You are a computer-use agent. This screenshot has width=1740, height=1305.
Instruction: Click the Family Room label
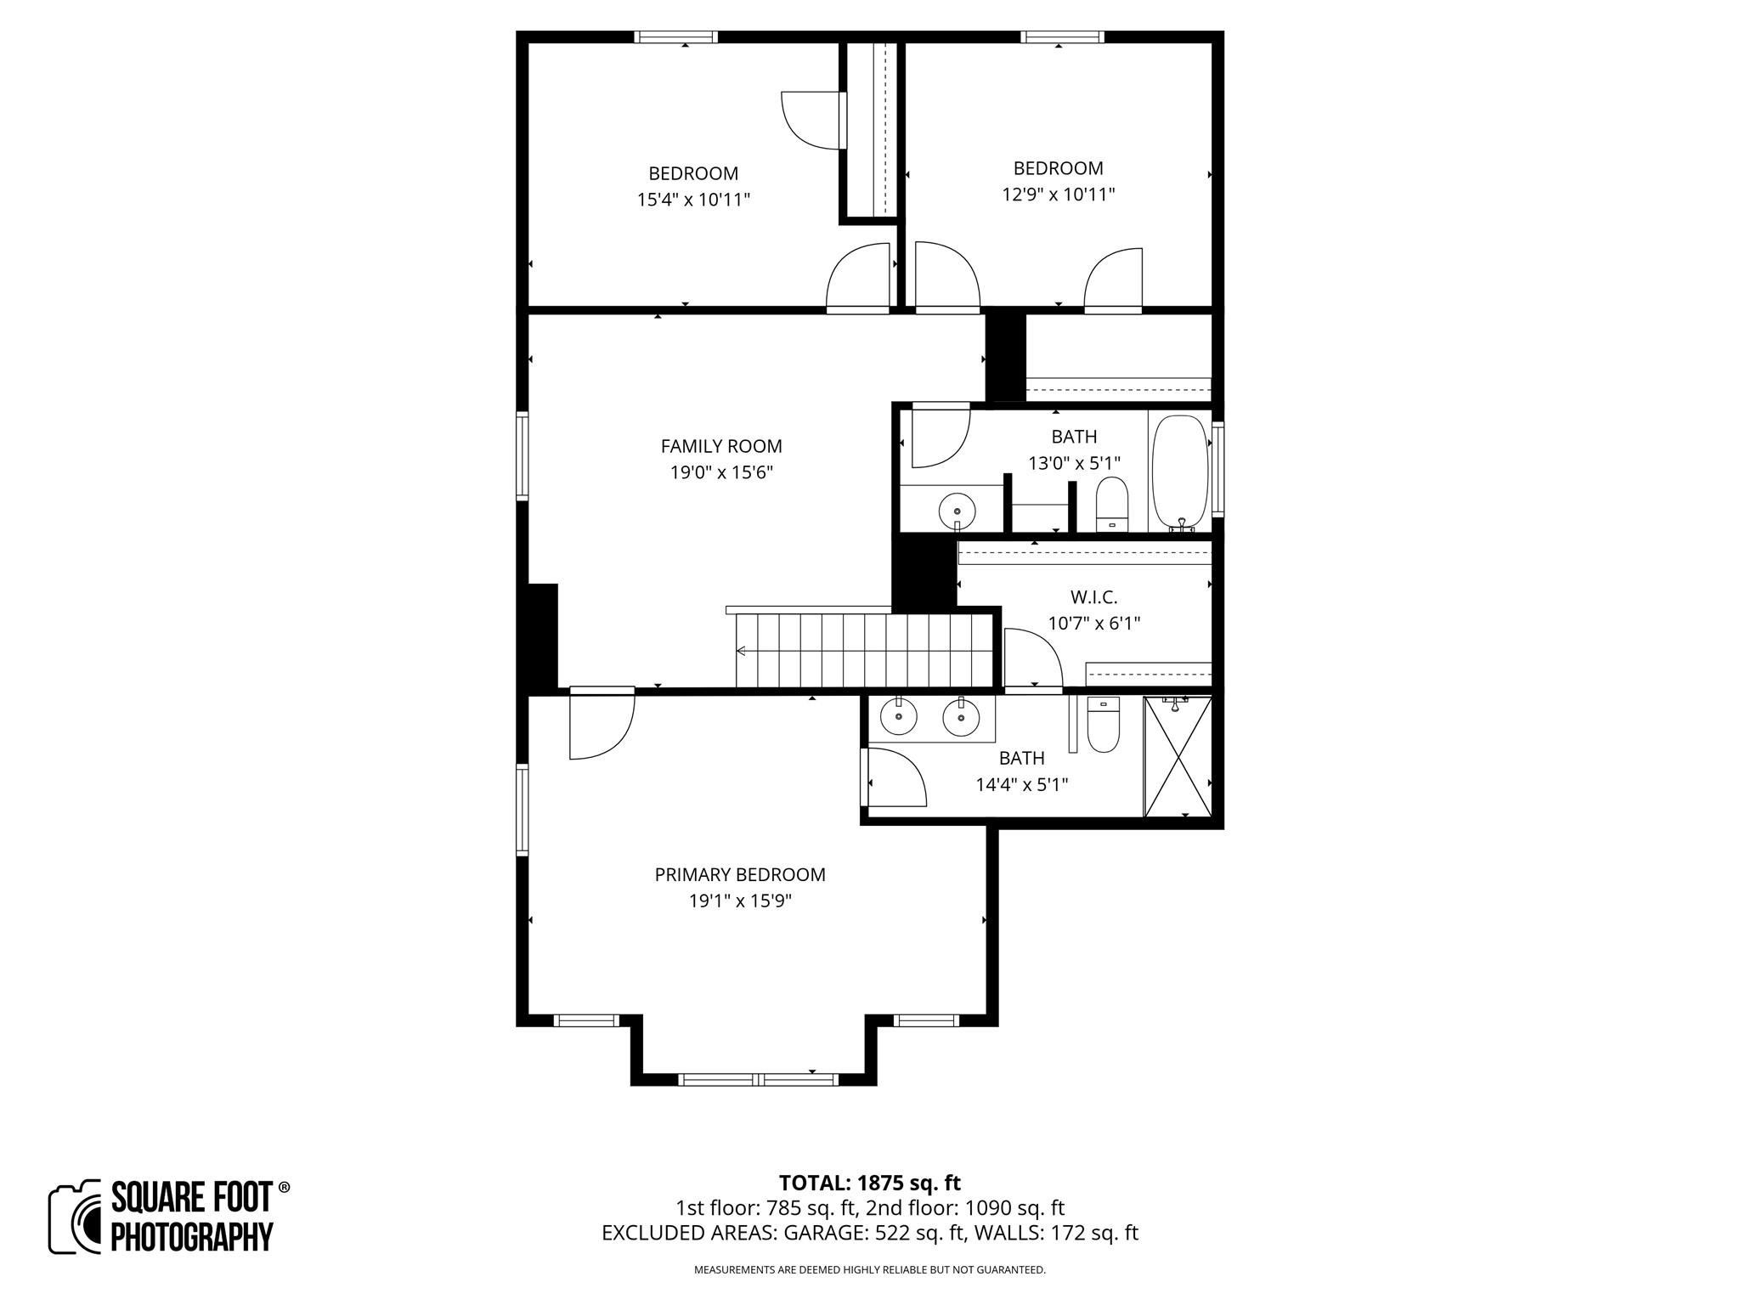pyautogui.click(x=720, y=446)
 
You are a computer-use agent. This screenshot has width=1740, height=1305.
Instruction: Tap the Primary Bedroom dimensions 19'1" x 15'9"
pyautogui.click(x=740, y=901)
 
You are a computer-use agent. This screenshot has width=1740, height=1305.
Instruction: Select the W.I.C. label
pyautogui.click(x=1093, y=597)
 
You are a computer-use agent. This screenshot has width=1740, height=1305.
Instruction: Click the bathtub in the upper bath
pyautogui.click(x=1179, y=472)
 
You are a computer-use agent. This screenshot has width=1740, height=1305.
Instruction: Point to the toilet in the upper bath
pyautogui.click(x=1110, y=503)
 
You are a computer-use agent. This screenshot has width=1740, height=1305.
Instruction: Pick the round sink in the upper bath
pyautogui.click(x=958, y=511)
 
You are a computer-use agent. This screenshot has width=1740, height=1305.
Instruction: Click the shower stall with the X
pyautogui.click(x=1178, y=757)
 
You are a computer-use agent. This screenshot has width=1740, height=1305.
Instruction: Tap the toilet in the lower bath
pyautogui.click(x=1104, y=727)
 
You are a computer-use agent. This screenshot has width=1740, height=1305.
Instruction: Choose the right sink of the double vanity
pyautogui.click(x=961, y=718)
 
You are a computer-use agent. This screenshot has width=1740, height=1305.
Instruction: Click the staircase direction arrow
pyautogui.click(x=741, y=652)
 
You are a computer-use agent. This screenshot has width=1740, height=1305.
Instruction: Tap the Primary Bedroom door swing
pyautogui.click(x=602, y=726)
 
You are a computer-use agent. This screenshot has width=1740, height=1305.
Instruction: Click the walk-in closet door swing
pyautogui.click(x=1031, y=658)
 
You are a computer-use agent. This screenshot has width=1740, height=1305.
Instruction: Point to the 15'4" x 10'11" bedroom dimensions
pyautogui.click(x=693, y=200)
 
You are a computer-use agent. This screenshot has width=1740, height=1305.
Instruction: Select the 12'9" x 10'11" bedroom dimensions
pyautogui.click(x=1058, y=195)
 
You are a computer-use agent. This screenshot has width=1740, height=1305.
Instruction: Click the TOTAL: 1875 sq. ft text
pyautogui.click(x=869, y=1183)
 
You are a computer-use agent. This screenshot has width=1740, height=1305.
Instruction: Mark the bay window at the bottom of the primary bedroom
pyautogui.click(x=759, y=1079)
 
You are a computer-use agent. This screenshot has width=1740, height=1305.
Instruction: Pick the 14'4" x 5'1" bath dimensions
pyautogui.click(x=1021, y=784)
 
